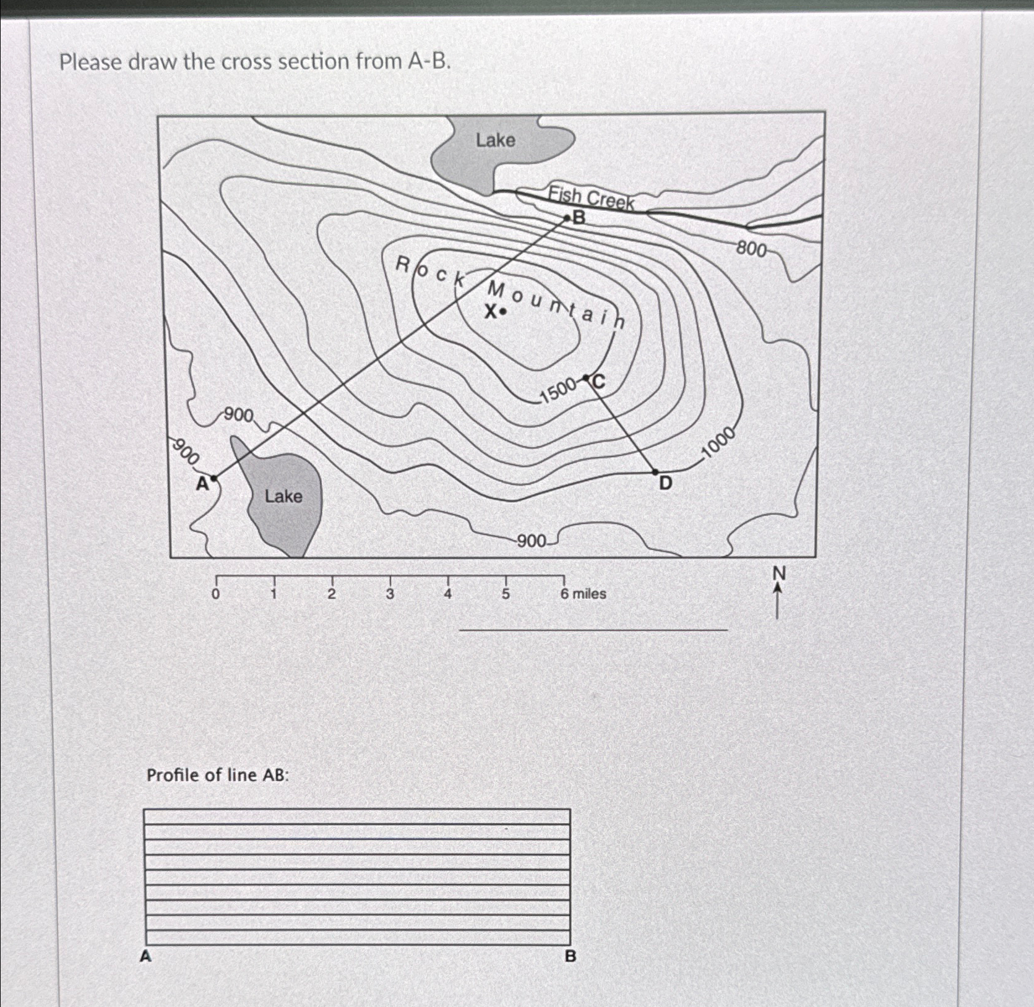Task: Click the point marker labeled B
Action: coord(567,218)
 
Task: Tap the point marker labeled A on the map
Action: coord(214,478)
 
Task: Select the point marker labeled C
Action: coord(586,378)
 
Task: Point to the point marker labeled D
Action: coord(656,472)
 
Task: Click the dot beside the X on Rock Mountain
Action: coord(503,312)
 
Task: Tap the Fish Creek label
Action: coord(592,198)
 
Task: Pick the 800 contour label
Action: coord(751,249)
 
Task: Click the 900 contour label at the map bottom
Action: coord(531,542)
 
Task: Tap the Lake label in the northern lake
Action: coord(495,140)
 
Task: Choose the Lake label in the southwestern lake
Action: coord(283,496)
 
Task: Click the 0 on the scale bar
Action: coord(215,594)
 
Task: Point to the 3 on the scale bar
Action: coord(390,594)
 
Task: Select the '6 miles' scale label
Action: coord(583,594)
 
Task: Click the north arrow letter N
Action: coord(778,574)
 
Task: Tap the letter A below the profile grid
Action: coord(145,956)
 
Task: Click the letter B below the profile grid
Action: coord(570,956)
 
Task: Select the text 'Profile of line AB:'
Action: coord(218,775)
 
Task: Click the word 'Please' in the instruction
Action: coord(90,62)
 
